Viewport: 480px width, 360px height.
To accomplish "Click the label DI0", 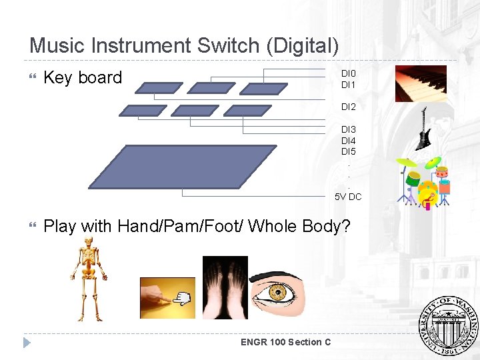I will point(349,73).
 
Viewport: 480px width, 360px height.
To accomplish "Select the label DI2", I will point(349,107).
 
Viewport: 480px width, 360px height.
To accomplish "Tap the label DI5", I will point(349,151).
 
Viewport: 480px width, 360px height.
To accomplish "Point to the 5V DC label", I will point(348,197).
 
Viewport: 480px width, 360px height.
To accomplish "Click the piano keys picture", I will point(421,83).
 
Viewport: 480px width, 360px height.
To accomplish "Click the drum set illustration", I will point(425,182).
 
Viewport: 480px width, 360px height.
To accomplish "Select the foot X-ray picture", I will point(225,287).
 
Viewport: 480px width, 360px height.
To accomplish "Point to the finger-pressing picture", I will point(167,298).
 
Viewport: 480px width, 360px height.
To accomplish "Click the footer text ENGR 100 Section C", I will point(286,342).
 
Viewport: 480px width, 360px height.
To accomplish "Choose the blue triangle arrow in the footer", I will point(27,343).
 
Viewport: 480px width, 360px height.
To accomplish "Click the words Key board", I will point(83,78).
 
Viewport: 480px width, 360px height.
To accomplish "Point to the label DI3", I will point(349,129).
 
